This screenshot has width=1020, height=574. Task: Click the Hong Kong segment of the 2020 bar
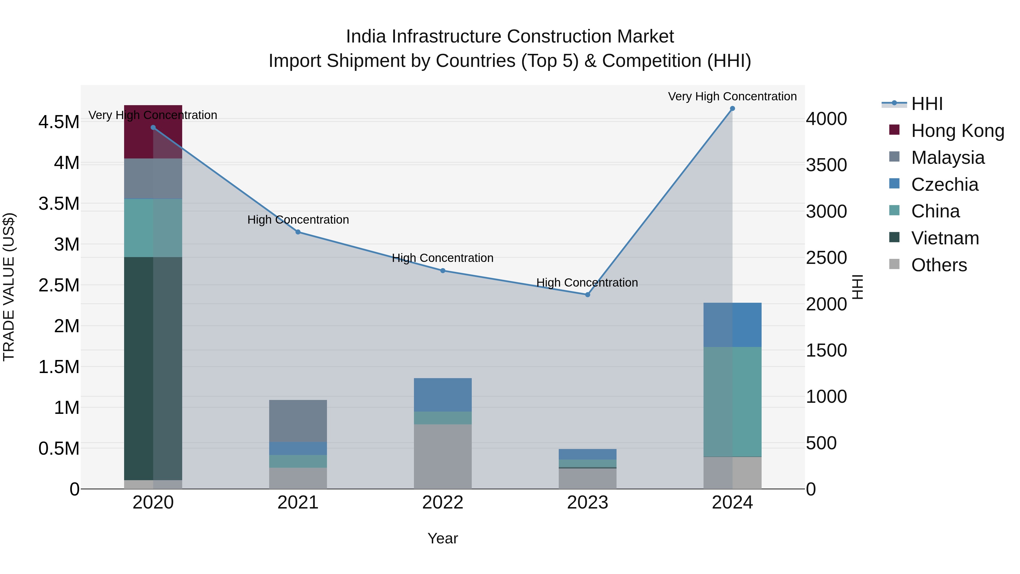(x=153, y=132)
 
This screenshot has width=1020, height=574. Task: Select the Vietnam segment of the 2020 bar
(x=153, y=368)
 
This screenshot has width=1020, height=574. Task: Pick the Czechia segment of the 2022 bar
(x=443, y=395)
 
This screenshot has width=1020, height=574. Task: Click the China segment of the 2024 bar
(x=732, y=402)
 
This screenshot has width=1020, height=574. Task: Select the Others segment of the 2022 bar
(x=443, y=456)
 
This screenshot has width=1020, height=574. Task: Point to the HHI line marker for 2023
(x=588, y=295)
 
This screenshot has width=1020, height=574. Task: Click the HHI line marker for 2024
(x=732, y=109)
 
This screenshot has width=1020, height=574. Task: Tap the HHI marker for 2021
(x=298, y=232)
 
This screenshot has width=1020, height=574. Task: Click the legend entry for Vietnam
(x=945, y=238)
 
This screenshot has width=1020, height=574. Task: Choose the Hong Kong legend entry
(x=957, y=131)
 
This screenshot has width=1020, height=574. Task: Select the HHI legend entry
(x=926, y=104)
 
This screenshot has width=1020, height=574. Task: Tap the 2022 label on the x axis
(x=443, y=503)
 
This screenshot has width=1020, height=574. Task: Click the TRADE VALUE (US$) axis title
(x=9, y=287)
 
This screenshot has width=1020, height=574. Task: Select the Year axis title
(x=443, y=538)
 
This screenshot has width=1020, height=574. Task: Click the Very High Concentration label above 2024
(x=732, y=96)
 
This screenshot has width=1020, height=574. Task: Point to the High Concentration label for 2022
(x=443, y=258)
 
